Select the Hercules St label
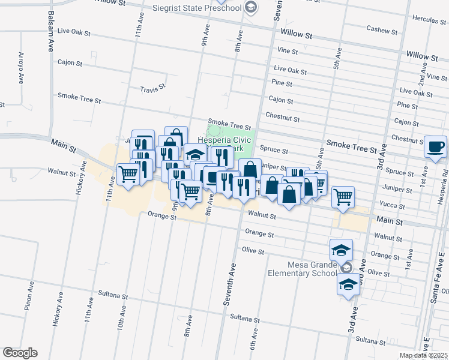428,20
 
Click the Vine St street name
288,51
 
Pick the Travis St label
152,89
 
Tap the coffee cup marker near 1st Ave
435,146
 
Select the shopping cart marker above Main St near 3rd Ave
343,196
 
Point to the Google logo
20,353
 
